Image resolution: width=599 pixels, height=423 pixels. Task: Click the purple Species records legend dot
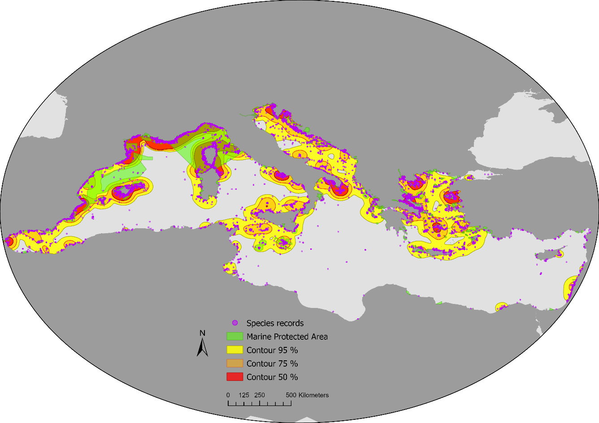234,323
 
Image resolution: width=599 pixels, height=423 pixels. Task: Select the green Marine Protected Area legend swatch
234,336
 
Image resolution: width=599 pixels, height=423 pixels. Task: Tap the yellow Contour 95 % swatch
234,350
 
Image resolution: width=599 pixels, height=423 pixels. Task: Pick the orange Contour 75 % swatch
234,363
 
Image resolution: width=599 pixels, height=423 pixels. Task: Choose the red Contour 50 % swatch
234,376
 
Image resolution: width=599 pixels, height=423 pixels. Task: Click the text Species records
275,323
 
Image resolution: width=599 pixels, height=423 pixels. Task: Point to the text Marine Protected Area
287,337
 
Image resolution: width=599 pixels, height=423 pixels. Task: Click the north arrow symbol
202,347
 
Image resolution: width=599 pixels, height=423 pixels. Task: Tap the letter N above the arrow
202,333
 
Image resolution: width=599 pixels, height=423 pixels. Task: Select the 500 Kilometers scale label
308,395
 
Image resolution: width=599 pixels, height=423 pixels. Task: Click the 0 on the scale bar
228,395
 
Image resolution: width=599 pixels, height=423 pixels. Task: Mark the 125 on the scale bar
244,395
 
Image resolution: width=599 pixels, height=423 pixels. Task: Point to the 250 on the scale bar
260,395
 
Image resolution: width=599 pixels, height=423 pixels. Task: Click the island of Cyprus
548,255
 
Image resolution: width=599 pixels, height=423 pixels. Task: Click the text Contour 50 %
272,377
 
